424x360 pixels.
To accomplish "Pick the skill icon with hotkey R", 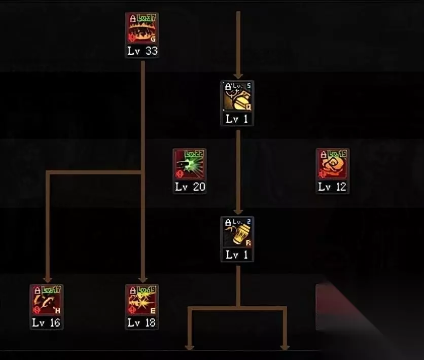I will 237,233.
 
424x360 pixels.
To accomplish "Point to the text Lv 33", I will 142,51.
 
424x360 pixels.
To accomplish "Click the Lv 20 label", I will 190,187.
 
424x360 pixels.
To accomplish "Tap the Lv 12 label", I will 333,187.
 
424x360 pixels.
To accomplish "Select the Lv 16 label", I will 47,322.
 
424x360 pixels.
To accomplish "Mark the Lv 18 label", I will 142,322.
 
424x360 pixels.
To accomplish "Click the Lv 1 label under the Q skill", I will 237,119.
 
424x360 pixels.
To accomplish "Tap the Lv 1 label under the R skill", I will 237,255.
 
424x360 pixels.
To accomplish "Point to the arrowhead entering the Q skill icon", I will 237,76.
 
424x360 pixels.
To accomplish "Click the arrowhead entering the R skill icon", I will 237,211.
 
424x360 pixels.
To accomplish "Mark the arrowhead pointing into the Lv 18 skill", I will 143,279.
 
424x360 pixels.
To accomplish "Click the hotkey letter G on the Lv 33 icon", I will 153,39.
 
